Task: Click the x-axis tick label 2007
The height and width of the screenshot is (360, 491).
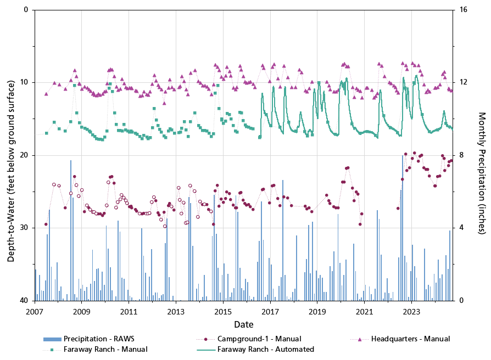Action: pos(35,311)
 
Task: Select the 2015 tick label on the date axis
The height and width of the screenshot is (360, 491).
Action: pos(223,311)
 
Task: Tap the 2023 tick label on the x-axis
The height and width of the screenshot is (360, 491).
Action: pos(412,311)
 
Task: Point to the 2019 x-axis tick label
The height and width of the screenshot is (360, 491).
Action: pos(317,311)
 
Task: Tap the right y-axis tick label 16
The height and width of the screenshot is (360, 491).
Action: pos(463,10)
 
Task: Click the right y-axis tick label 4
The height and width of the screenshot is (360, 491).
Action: pos(461,228)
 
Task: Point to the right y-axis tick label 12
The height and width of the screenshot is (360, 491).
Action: pos(463,82)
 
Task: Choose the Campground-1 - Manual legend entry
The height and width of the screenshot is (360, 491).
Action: pos(259,339)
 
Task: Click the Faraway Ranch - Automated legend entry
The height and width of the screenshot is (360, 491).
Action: pos(265,349)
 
